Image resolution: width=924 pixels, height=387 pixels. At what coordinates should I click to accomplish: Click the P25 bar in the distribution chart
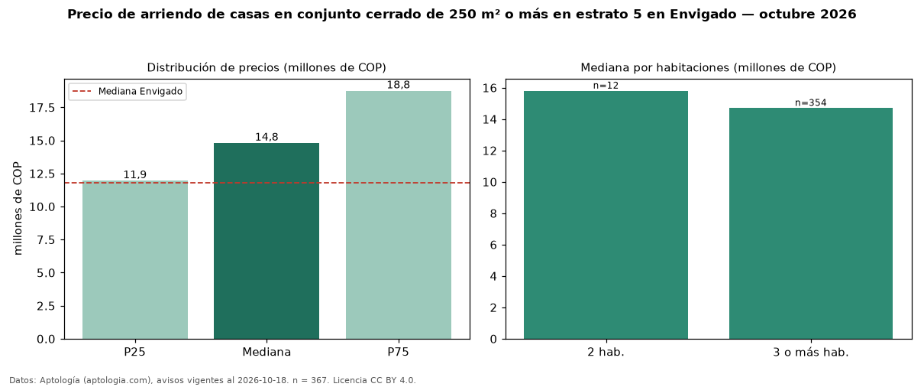click(135, 260)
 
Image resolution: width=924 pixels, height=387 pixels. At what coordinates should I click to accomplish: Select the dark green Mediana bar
click(267, 241)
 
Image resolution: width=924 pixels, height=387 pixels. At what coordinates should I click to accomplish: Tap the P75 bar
click(399, 215)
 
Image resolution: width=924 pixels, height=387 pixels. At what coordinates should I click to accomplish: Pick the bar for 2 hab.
click(606, 215)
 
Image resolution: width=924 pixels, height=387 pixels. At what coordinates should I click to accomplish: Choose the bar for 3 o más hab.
click(810, 223)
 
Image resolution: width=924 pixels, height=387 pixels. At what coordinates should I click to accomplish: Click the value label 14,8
click(267, 137)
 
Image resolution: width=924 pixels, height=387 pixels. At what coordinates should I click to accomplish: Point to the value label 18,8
click(399, 85)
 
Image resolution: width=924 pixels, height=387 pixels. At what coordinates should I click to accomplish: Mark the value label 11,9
click(135, 174)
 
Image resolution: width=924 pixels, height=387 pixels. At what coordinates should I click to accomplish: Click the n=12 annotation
click(606, 86)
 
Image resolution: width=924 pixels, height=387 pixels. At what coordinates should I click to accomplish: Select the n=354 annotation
click(810, 102)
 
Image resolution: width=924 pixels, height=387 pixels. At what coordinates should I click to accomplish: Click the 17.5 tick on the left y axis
click(42, 108)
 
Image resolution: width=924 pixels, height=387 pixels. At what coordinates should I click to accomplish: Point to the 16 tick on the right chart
click(489, 89)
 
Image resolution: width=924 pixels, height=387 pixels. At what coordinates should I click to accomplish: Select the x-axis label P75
click(398, 352)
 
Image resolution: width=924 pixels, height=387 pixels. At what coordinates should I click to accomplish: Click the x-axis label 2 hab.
click(606, 352)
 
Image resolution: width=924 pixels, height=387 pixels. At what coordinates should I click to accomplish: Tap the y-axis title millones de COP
click(18, 208)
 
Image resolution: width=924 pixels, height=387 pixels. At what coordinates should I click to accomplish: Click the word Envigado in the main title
click(703, 15)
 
